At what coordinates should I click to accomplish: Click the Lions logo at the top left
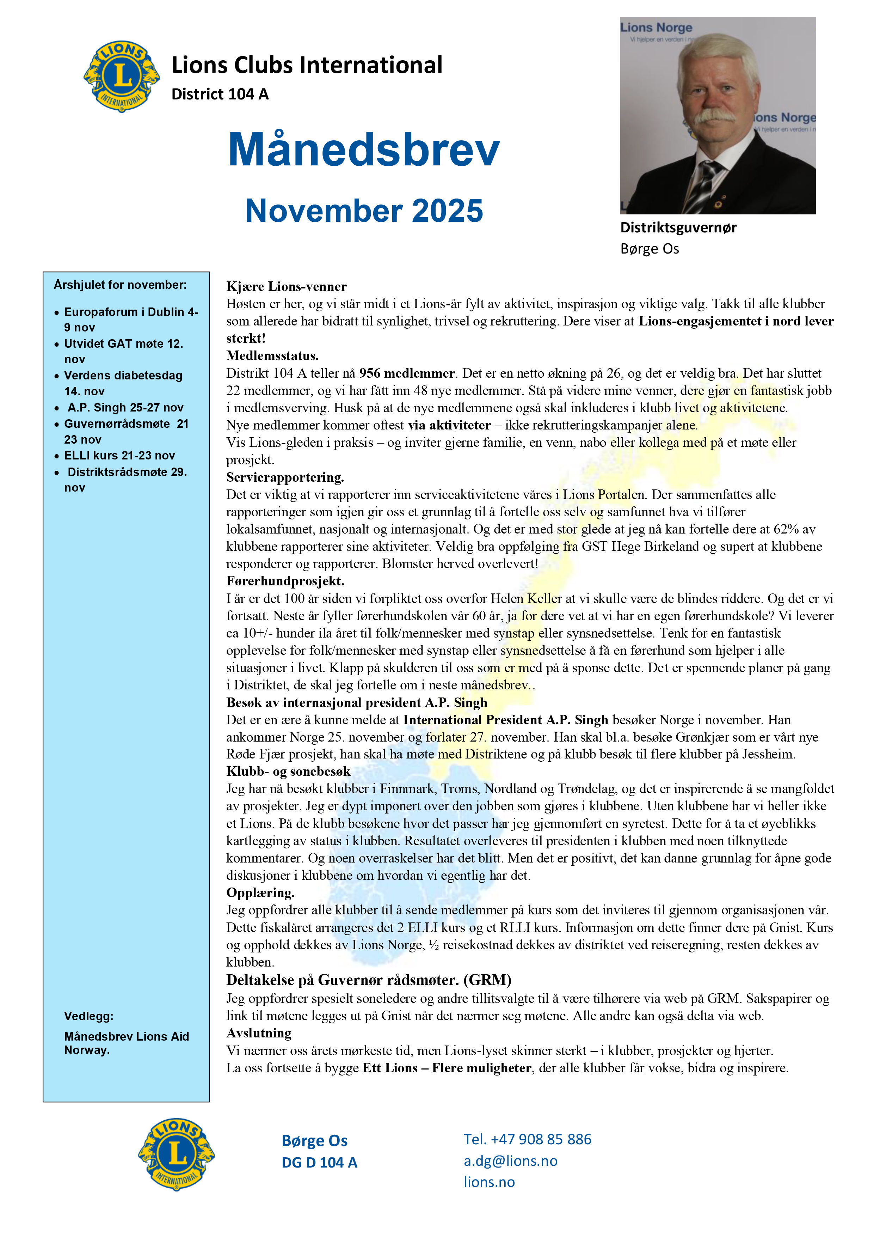(x=122, y=77)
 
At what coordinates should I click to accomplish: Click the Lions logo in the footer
(x=176, y=1153)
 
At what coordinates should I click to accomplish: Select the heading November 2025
(x=364, y=210)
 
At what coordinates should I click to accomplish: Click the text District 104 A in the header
(x=220, y=94)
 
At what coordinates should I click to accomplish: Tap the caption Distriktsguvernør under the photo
(x=678, y=227)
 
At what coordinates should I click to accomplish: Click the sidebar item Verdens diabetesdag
(x=123, y=376)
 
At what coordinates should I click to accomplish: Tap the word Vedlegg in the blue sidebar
(x=89, y=1016)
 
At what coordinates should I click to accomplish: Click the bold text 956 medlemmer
(x=407, y=373)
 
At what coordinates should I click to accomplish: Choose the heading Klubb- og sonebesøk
(x=288, y=772)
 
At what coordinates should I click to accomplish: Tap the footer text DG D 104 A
(x=319, y=1162)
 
